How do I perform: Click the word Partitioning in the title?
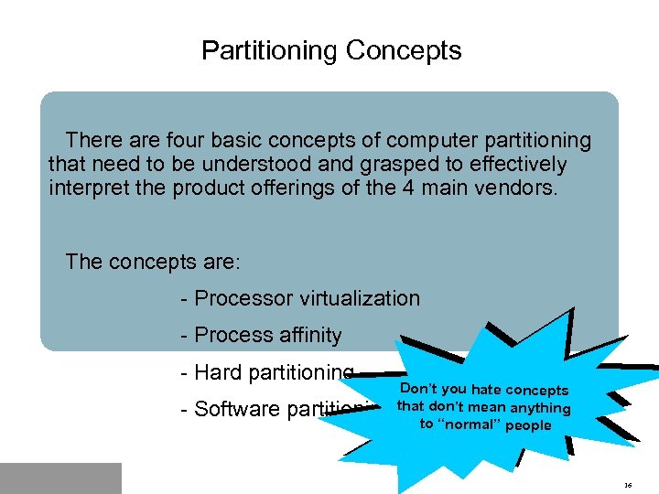pyautogui.click(x=270, y=50)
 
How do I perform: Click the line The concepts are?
pyautogui.click(x=153, y=262)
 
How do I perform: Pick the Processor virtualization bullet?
pyautogui.click(x=301, y=298)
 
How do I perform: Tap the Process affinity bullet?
pyautogui.click(x=262, y=336)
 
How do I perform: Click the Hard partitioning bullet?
pyautogui.click(x=267, y=372)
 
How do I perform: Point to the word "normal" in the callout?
pyautogui.click(x=470, y=424)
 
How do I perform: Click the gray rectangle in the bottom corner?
pyautogui.click(x=60, y=478)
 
